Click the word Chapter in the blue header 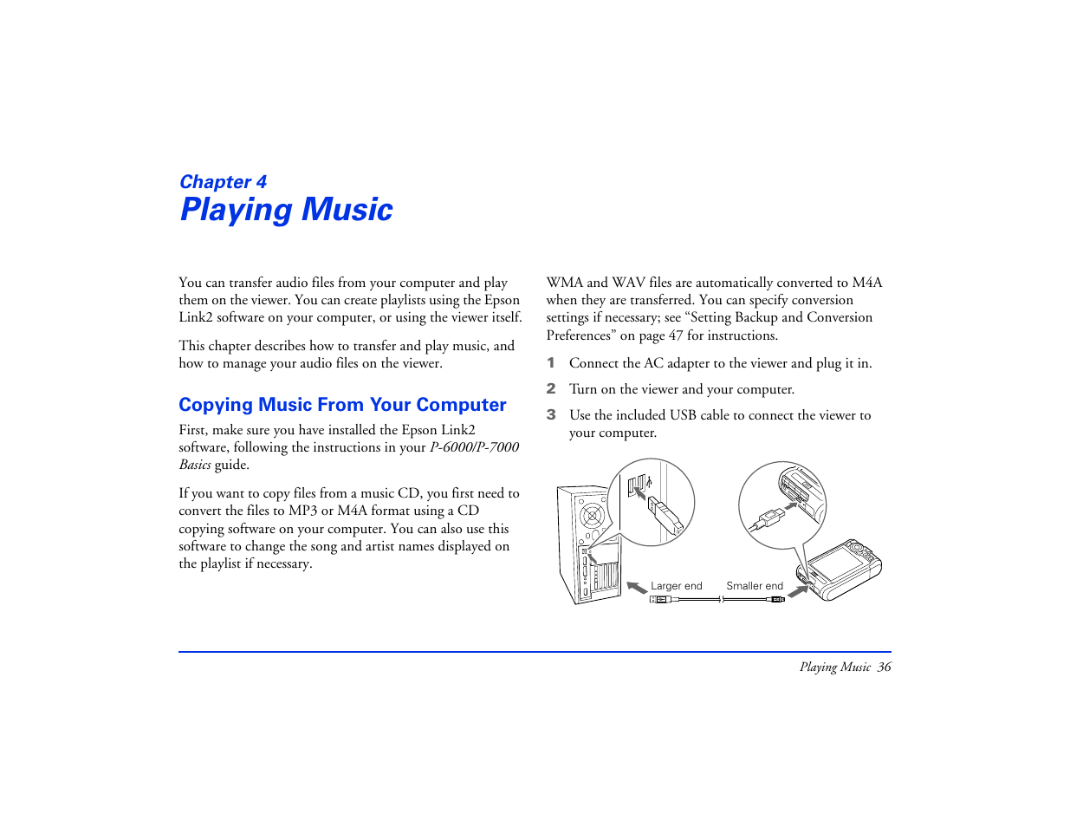[215, 182]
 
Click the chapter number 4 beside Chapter [261, 182]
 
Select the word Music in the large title [347, 210]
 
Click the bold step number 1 [550, 363]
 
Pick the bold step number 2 [550, 389]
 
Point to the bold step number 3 [550, 415]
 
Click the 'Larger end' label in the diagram [676, 586]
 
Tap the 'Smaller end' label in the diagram [754, 586]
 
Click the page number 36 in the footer [884, 667]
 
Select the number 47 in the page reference [675, 335]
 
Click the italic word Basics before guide [195, 465]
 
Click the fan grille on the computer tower [593, 517]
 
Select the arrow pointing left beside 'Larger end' [637, 588]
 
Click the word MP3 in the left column [303, 511]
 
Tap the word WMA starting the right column [565, 283]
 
